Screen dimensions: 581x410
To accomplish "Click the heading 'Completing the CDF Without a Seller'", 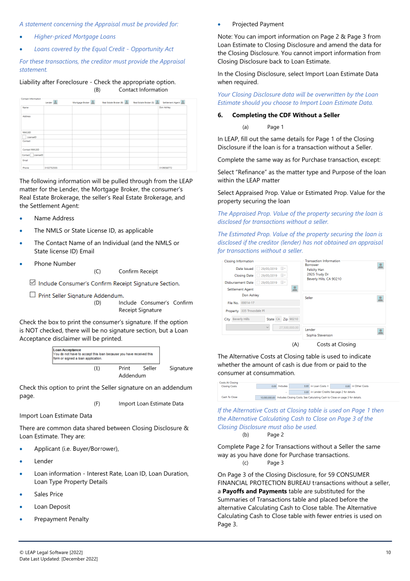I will [286, 115].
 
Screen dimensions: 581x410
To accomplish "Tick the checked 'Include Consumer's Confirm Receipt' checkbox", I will [33, 282].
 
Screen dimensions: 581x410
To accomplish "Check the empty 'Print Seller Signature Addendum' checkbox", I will [33, 295].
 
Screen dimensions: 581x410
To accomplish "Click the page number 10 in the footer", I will [389, 552].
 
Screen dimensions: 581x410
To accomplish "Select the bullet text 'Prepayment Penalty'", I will [62, 519].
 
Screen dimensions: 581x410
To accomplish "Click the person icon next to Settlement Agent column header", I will [183, 102].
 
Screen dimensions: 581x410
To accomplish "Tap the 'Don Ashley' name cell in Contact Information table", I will [164, 107].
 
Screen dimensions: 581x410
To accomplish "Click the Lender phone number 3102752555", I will [51, 167].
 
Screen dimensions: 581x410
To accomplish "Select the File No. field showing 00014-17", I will [270, 302].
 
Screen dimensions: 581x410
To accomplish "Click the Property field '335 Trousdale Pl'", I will [270, 311].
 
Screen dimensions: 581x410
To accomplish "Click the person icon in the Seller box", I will [380, 299].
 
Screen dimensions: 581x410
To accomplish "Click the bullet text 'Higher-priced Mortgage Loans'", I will [75, 36].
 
